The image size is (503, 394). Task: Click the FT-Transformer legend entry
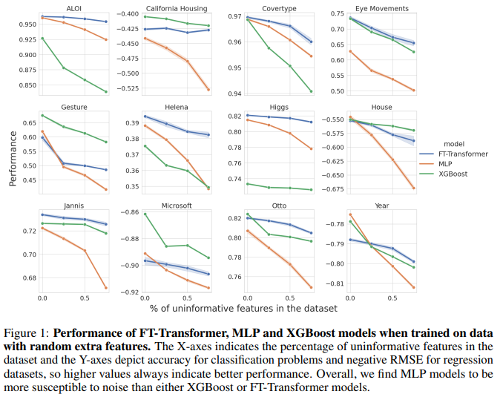[x=462, y=154]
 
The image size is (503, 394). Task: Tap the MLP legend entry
[x=446, y=164]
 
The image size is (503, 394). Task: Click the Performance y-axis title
[x=13, y=158]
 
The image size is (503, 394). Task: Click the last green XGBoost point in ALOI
[x=106, y=92]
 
